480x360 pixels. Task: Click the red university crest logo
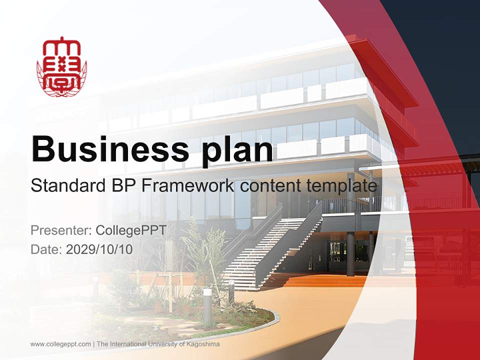[x=61, y=66]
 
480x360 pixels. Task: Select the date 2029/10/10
[x=99, y=249]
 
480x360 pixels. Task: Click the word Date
[x=46, y=249]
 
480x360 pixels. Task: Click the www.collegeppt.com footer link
[x=60, y=344]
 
